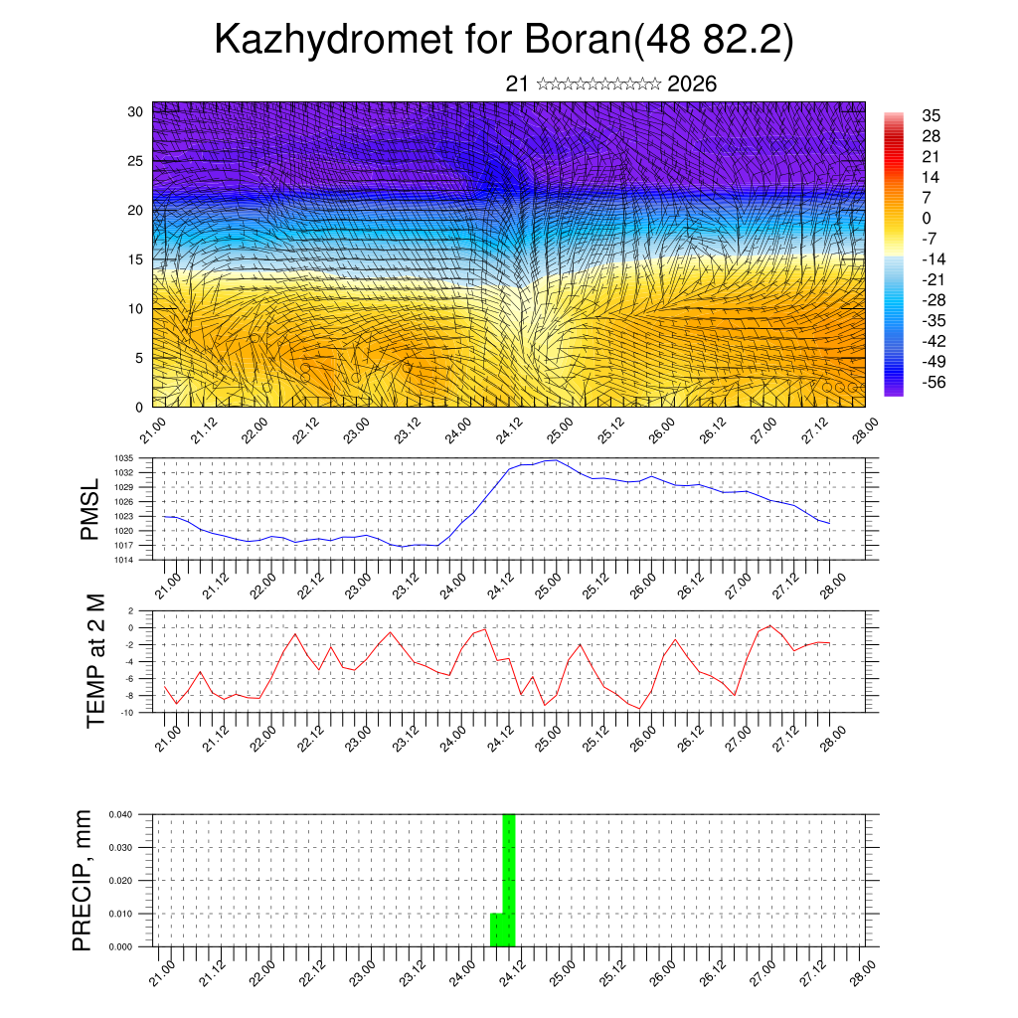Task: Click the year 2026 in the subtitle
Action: click(692, 85)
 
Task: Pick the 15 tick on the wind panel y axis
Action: click(136, 259)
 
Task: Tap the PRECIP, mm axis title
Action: click(83, 880)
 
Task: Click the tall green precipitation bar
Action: click(509, 880)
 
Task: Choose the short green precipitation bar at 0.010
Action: click(495, 930)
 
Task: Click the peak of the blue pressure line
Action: click(555, 460)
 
